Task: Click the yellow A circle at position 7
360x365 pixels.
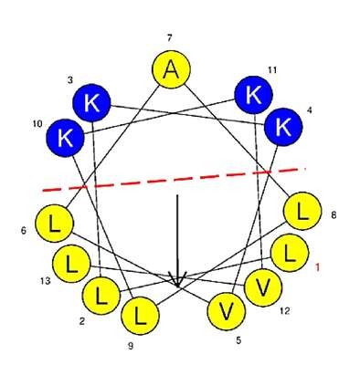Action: point(171,69)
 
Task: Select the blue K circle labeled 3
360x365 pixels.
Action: point(91,103)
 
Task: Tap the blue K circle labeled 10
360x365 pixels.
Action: point(65,138)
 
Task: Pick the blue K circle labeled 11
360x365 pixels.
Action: point(253,95)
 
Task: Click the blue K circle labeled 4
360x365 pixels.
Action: point(283,127)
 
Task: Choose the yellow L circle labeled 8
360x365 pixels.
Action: point(302,211)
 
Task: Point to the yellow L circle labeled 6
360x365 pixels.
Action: point(55,224)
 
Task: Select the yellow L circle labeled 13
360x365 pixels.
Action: point(71,264)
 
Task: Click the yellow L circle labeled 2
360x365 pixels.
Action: point(101,296)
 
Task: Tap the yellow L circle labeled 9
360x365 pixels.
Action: point(140,316)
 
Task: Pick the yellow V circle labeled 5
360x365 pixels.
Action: point(227,311)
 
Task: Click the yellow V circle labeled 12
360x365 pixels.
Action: point(263,287)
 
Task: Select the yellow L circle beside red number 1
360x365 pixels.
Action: point(290,253)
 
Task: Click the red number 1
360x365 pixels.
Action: point(317,267)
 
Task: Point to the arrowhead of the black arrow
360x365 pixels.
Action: point(177,279)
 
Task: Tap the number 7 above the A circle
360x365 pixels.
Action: point(169,38)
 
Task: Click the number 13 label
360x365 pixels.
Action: point(45,281)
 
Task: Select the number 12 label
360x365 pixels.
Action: point(284,311)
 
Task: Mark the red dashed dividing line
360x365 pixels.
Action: point(174,180)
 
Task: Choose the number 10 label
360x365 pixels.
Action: point(37,125)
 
